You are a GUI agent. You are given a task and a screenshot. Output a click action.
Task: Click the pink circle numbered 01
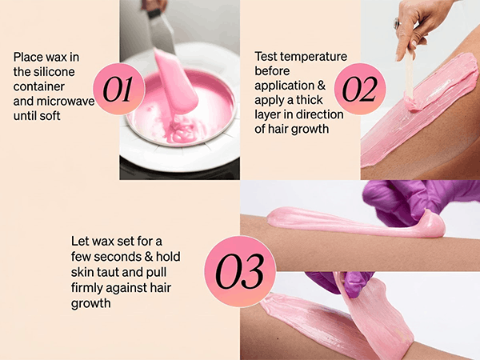(118, 89)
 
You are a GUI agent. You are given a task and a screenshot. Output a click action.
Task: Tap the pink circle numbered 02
(360, 89)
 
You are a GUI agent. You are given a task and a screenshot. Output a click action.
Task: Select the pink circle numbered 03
(240, 271)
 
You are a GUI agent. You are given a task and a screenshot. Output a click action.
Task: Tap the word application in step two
(284, 86)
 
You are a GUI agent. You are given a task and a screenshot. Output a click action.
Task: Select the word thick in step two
(309, 100)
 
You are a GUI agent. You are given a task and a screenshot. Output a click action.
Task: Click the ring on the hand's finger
(397, 23)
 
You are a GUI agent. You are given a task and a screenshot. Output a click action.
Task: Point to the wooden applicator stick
(410, 72)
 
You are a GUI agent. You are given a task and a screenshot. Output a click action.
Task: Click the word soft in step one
(49, 116)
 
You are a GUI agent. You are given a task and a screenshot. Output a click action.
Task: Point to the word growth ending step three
(91, 304)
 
